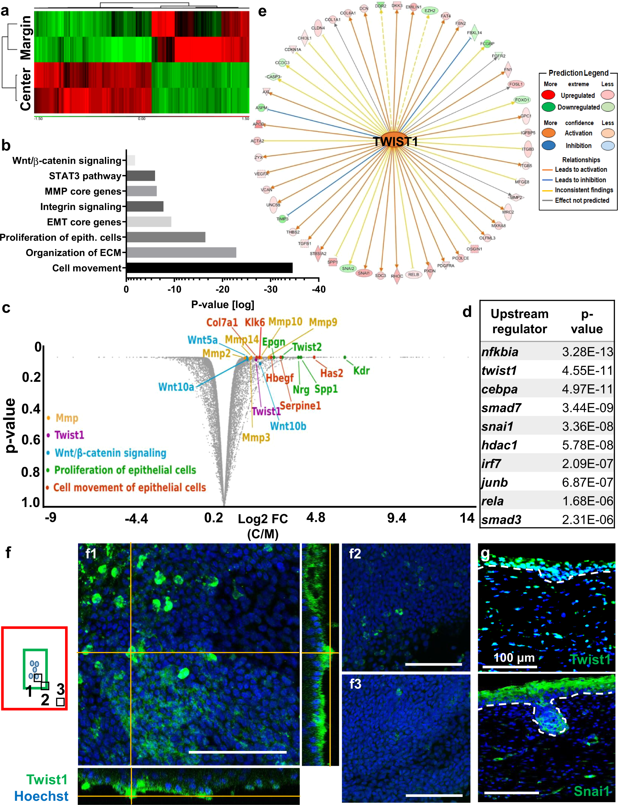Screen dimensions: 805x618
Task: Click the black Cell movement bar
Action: [209, 268]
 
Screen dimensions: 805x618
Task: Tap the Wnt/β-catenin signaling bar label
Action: [67, 160]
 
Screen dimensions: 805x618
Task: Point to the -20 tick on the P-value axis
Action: [222, 289]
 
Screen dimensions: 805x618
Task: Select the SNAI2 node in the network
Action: [348, 268]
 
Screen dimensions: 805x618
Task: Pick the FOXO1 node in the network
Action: [522, 100]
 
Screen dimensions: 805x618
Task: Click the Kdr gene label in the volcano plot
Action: [361, 370]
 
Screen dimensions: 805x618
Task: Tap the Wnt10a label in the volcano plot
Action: [176, 387]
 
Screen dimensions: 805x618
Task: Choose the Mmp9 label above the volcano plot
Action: [323, 322]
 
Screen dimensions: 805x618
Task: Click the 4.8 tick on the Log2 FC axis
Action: [316, 518]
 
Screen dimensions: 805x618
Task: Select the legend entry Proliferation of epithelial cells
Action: [125, 470]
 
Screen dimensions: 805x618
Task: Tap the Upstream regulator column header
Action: [519, 321]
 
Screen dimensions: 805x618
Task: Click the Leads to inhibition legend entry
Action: [580, 180]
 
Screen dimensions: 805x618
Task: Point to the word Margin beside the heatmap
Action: [26, 38]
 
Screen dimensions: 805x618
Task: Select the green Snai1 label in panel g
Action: [591, 791]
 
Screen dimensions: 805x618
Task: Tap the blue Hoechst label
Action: [41, 796]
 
